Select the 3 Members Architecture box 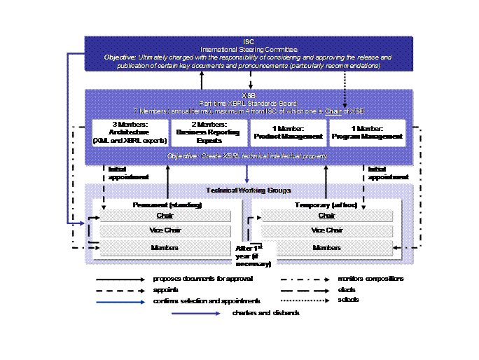point(131,132)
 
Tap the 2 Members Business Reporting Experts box point(209,132)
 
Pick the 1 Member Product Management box point(287,132)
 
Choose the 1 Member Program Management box point(367,132)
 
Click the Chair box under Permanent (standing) point(166,216)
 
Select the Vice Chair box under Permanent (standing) point(166,231)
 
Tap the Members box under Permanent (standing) point(166,248)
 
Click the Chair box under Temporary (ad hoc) point(327,216)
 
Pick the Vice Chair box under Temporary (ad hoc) point(327,231)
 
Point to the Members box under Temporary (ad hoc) point(327,248)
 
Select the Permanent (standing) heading point(167,205)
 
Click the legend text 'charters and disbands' point(266,313)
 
